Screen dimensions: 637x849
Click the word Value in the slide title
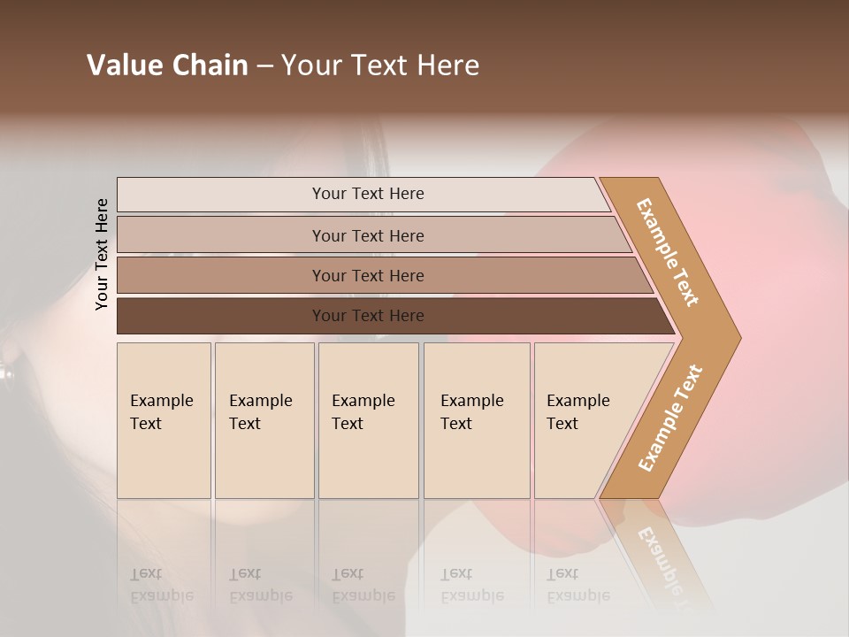[x=121, y=65]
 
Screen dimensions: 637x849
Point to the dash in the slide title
[x=264, y=65]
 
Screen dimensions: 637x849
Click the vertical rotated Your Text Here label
[x=102, y=254]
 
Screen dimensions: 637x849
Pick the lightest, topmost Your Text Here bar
[x=368, y=194]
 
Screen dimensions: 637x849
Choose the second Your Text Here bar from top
[x=368, y=235]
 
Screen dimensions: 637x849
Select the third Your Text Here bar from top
[x=368, y=275]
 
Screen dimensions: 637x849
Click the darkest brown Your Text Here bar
[x=368, y=316]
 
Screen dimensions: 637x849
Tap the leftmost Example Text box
[x=164, y=420]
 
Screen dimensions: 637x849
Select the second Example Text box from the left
[x=264, y=420]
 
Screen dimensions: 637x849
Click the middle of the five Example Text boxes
[x=368, y=420]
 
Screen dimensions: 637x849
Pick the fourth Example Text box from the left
[x=477, y=420]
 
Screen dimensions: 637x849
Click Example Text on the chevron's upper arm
[x=668, y=253]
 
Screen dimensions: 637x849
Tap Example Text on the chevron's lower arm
[x=669, y=418]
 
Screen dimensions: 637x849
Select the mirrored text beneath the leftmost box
[x=162, y=585]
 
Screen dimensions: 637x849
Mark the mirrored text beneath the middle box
[x=363, y=585]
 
